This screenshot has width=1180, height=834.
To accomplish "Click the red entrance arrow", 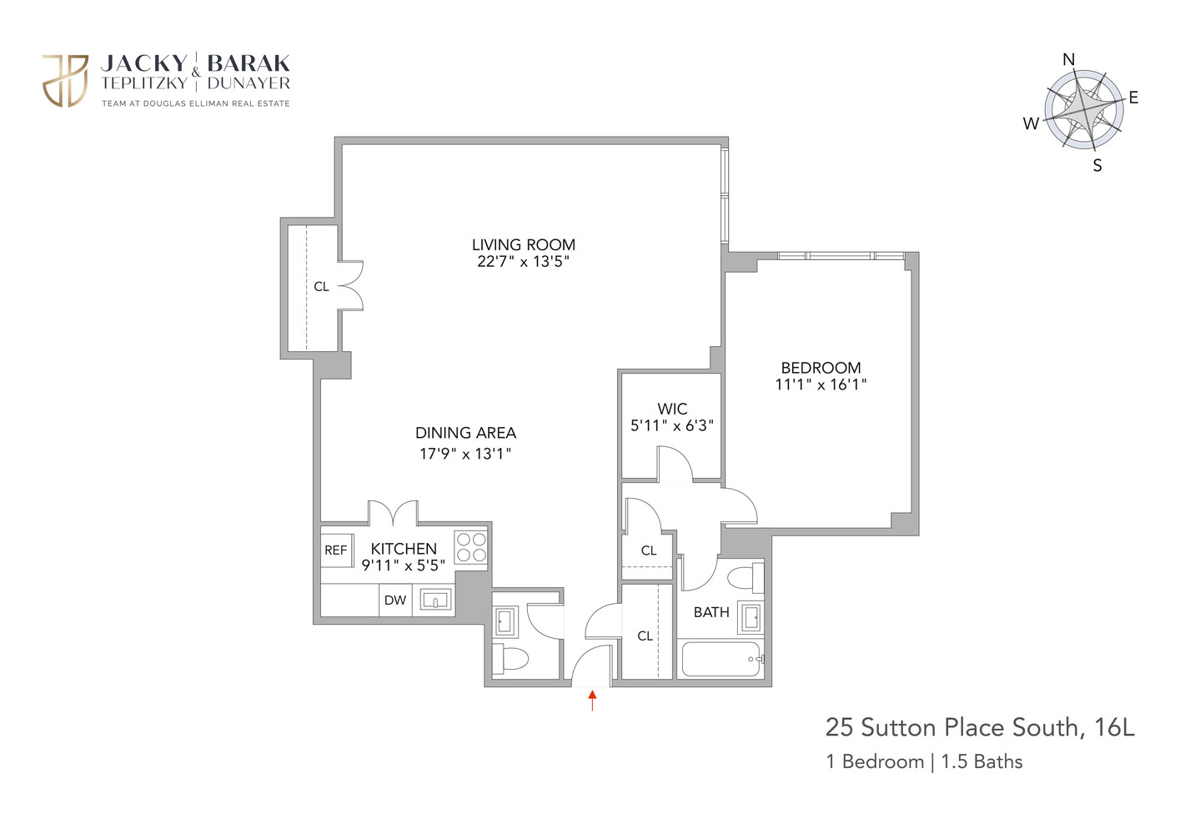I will coord(592,700).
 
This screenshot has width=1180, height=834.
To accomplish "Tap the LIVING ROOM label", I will coord(524,244).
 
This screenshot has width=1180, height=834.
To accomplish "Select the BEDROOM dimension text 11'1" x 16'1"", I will coord(821,384).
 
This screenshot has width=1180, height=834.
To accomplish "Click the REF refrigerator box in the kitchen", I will coord(336,550).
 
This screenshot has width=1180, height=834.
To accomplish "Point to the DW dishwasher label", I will coord(395,600).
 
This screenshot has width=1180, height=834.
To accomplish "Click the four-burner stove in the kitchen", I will coord(470,547).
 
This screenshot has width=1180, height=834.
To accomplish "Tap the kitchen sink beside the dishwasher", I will coord(435,600).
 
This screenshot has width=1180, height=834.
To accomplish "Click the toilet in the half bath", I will coord(510,658).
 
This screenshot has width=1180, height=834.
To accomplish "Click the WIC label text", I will coord(672,409).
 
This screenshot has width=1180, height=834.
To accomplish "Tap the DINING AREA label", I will coord(465,433).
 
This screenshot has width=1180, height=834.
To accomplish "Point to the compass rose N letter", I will coord(1068,59).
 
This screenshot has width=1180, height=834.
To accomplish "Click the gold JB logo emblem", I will coord(65,81).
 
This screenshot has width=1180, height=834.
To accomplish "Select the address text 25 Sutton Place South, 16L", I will coord(980,727).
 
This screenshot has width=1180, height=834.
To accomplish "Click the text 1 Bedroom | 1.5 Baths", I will coord(924,761).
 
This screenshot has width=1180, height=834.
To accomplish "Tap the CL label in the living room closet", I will coord(321,287).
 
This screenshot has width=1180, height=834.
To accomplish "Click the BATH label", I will coord(711,612).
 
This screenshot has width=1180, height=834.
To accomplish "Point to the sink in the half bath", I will coord(505,620).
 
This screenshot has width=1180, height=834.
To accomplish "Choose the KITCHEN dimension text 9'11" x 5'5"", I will coord(403,565).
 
